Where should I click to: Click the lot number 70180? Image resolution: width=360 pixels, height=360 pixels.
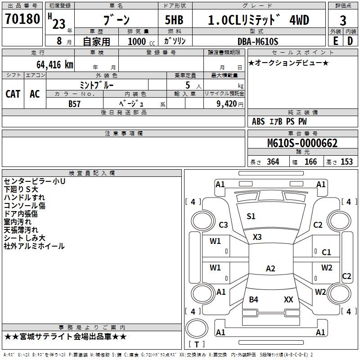[22, 19]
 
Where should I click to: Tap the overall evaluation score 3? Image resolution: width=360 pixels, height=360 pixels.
[343, 20]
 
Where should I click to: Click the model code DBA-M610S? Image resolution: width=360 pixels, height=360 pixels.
[258, 41]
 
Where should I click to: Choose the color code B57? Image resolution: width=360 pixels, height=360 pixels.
[75, 103]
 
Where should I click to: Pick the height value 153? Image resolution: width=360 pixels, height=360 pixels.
[346, 162]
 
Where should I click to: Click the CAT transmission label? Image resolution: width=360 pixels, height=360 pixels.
[13, 94]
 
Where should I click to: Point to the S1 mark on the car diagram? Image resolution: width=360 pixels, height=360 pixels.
[251, 216]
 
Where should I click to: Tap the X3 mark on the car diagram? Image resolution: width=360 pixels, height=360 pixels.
[257, 237]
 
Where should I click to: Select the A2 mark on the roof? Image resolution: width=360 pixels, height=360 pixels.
[270, 269]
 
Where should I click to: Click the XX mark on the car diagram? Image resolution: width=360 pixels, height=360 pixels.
[288, 299]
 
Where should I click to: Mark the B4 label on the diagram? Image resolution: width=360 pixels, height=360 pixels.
[253, 299]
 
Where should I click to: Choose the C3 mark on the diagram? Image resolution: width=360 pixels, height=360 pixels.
[223, 225]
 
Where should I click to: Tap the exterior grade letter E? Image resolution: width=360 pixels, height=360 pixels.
[335, 41]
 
